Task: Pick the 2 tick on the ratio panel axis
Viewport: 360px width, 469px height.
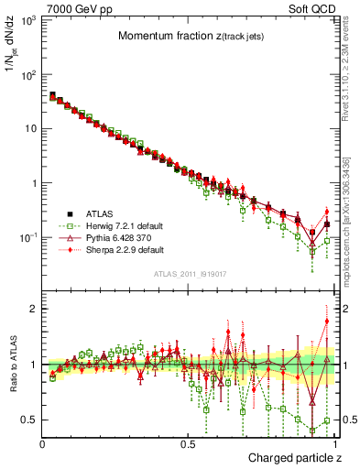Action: point(31,309)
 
